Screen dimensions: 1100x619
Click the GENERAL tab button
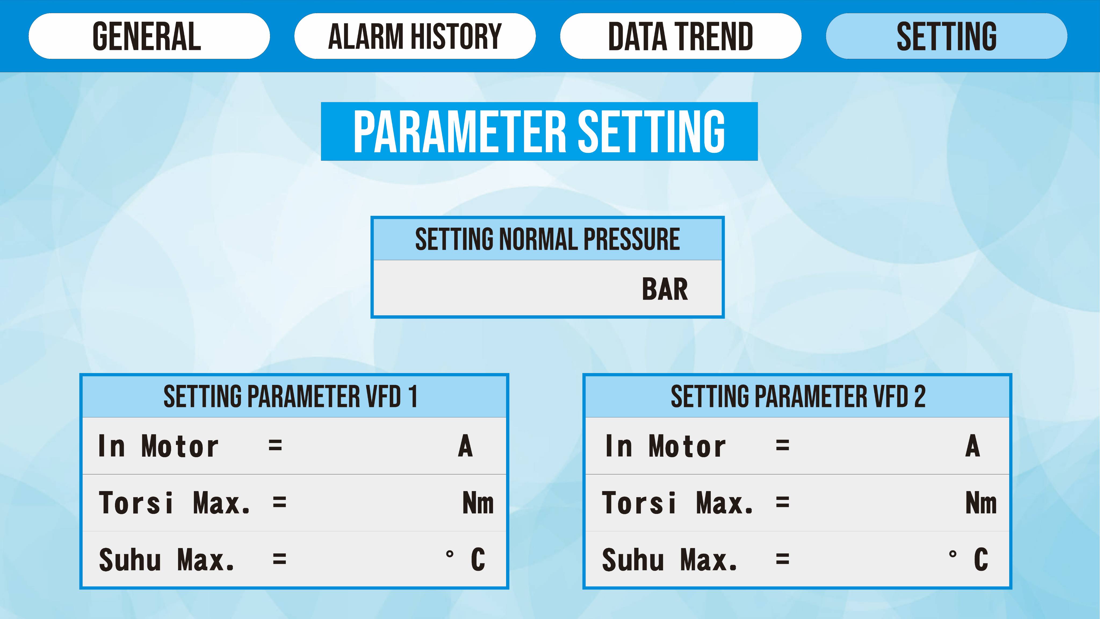click(149, 36)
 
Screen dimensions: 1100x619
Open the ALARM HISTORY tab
click(415, 36)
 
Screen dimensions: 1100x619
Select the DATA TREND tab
click(681, 36)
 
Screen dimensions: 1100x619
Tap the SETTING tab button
click(946, 36)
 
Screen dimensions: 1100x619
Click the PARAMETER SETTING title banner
click(539, 131)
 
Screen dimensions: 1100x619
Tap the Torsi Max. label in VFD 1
click(174, 503)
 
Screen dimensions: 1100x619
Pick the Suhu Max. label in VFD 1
click(167, 560)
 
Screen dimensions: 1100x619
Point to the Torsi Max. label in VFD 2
click(678, 503)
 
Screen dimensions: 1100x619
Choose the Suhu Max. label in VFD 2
click(670, 560)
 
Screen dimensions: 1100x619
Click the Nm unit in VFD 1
click(478, 503)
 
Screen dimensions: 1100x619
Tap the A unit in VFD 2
click(973, 446)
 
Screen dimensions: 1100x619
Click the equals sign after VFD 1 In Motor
click(275, 446)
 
